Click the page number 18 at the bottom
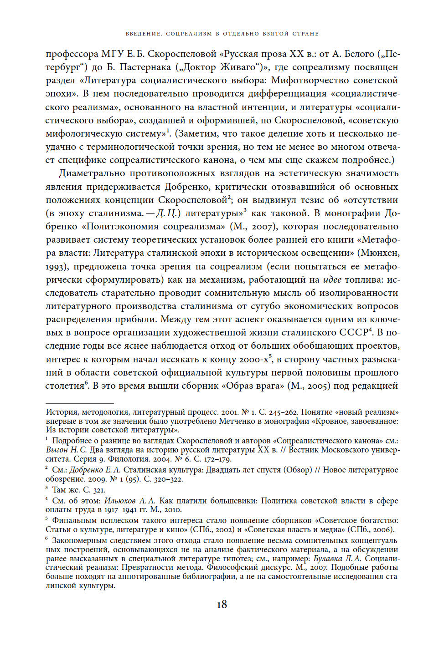[222, 604]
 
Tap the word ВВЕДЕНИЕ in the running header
[144, 34]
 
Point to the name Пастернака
[145, 67]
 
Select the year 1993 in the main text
[56, 266]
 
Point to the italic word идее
[332, 279]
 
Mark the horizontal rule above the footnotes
[79, 403]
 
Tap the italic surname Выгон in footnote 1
[57, 450]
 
